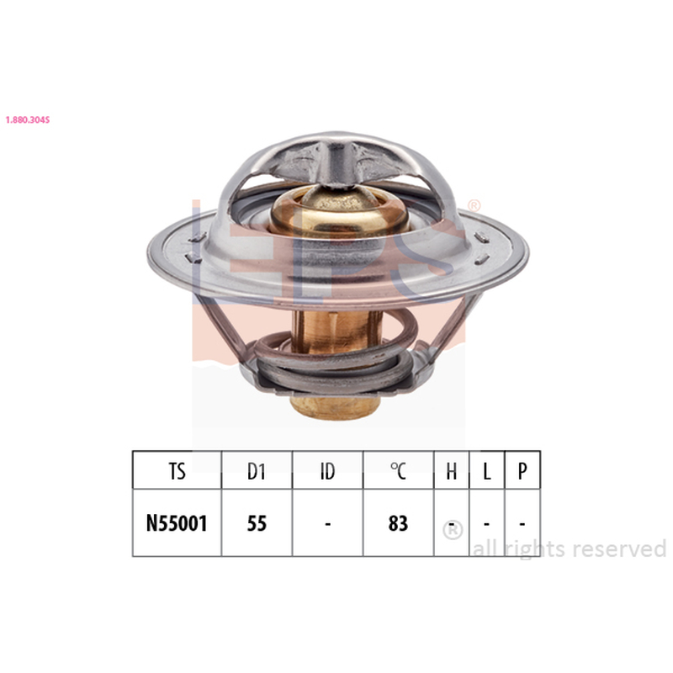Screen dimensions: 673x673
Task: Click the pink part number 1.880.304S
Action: click(28, 119)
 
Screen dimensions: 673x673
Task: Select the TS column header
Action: click(177, 471)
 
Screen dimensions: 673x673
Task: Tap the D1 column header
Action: click(257, 471)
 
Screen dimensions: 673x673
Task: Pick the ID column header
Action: click(327, 471)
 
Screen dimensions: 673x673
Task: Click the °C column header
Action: click(398, 471)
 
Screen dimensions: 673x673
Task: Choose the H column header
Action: click(451, 471)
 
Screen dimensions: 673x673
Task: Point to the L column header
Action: click(487, 471)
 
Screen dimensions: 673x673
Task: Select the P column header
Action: click(522, 471)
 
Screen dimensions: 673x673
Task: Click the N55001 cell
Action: click(177, 523)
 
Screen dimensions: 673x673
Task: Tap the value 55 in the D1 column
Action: click(257, 523)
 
